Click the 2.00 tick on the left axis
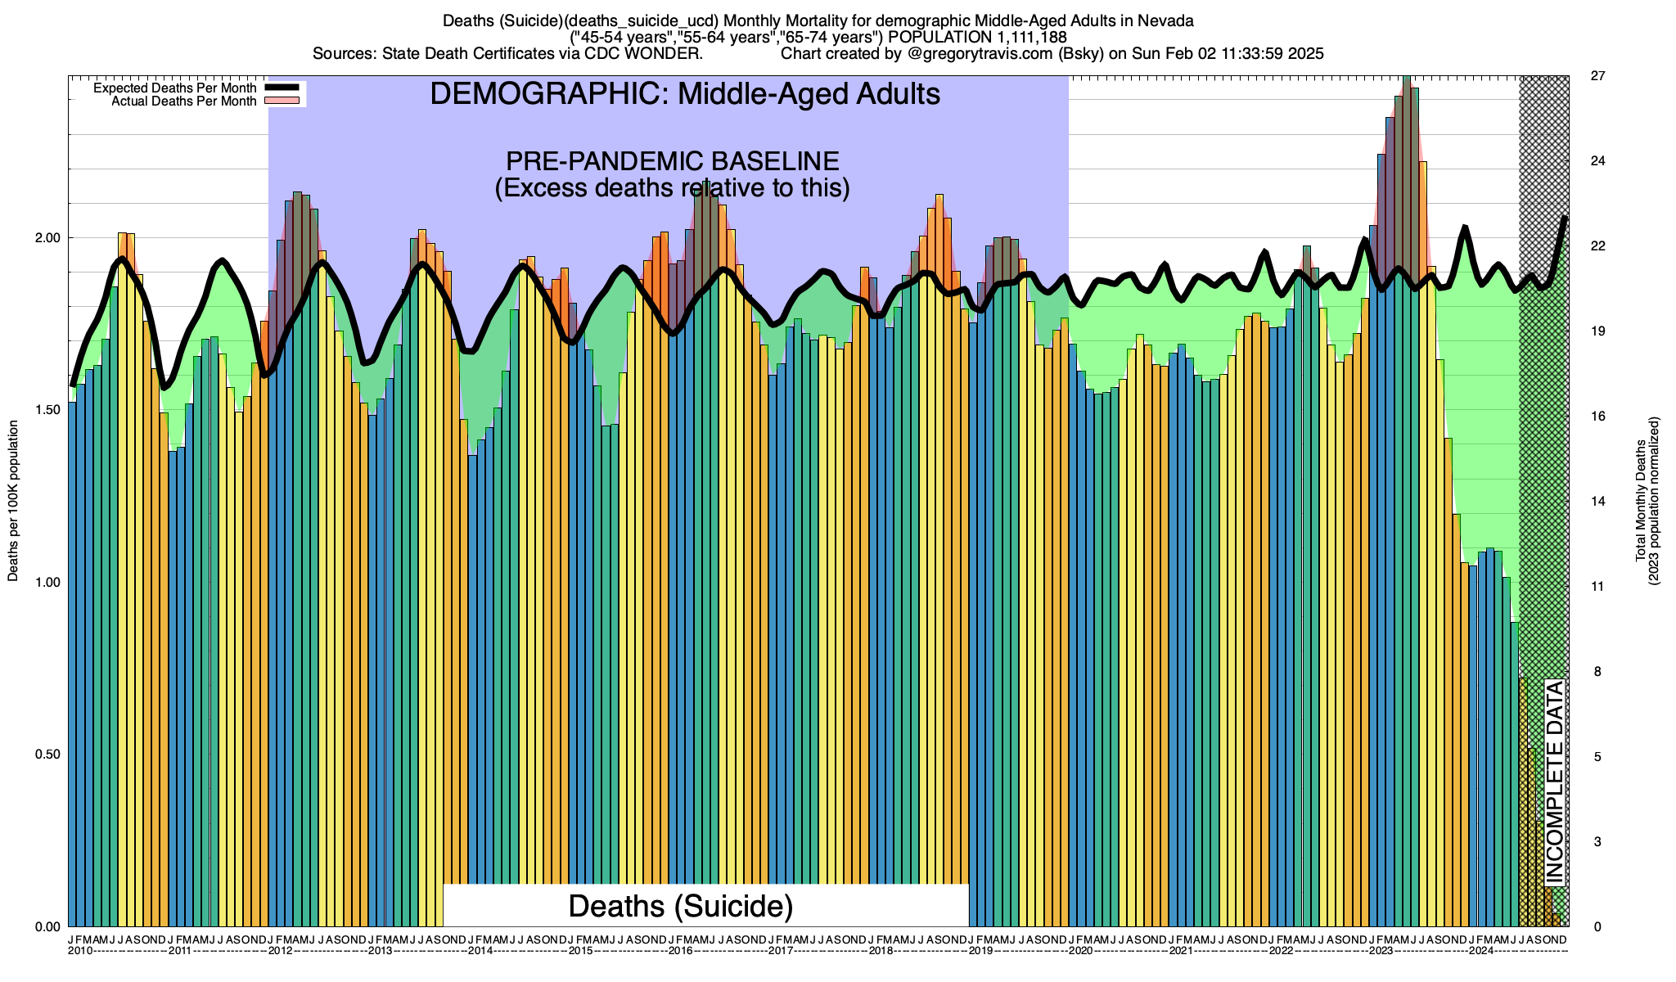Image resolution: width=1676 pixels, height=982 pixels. pyautogui.click(x=50, y=238)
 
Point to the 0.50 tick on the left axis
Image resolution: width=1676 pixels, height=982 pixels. pyautogui.click(x=50, y=755)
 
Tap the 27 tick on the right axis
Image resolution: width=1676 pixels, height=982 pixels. pyautogui.click(x=1597, y=76)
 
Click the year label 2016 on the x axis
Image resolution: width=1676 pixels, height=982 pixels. pyautogui.click(x=681, y=951)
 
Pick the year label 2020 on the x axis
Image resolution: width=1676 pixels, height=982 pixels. pyautogui.click(x=1080, y=951)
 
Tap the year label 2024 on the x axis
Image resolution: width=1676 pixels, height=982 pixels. pyautogui.click(x=1480, y=951)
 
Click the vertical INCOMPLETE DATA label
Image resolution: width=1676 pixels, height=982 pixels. pyautogui.click(x=1555, y=782)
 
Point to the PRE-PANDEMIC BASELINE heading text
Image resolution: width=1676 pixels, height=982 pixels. pyautogui.click(x=672, y=161)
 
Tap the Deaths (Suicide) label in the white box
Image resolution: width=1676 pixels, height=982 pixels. pyautogui.click(x=681, y=906)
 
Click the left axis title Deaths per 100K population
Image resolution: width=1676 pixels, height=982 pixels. pyautogui.click(x=13, y=501)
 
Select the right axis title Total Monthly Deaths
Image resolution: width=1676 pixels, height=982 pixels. pyautogui.click(x=1647, y=501)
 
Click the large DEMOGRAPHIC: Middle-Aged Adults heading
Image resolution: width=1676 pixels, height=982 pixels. pyautogui.click(x=685, y=94)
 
